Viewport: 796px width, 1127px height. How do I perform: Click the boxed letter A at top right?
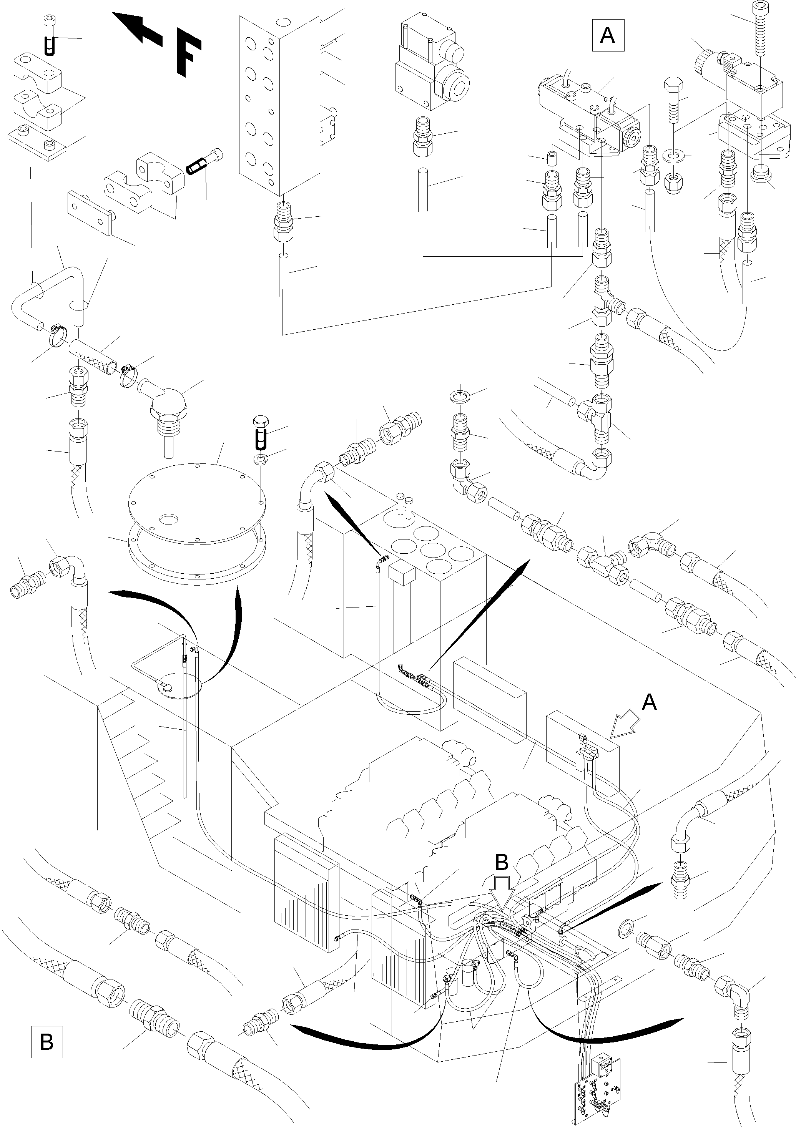tap(608, 35)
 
